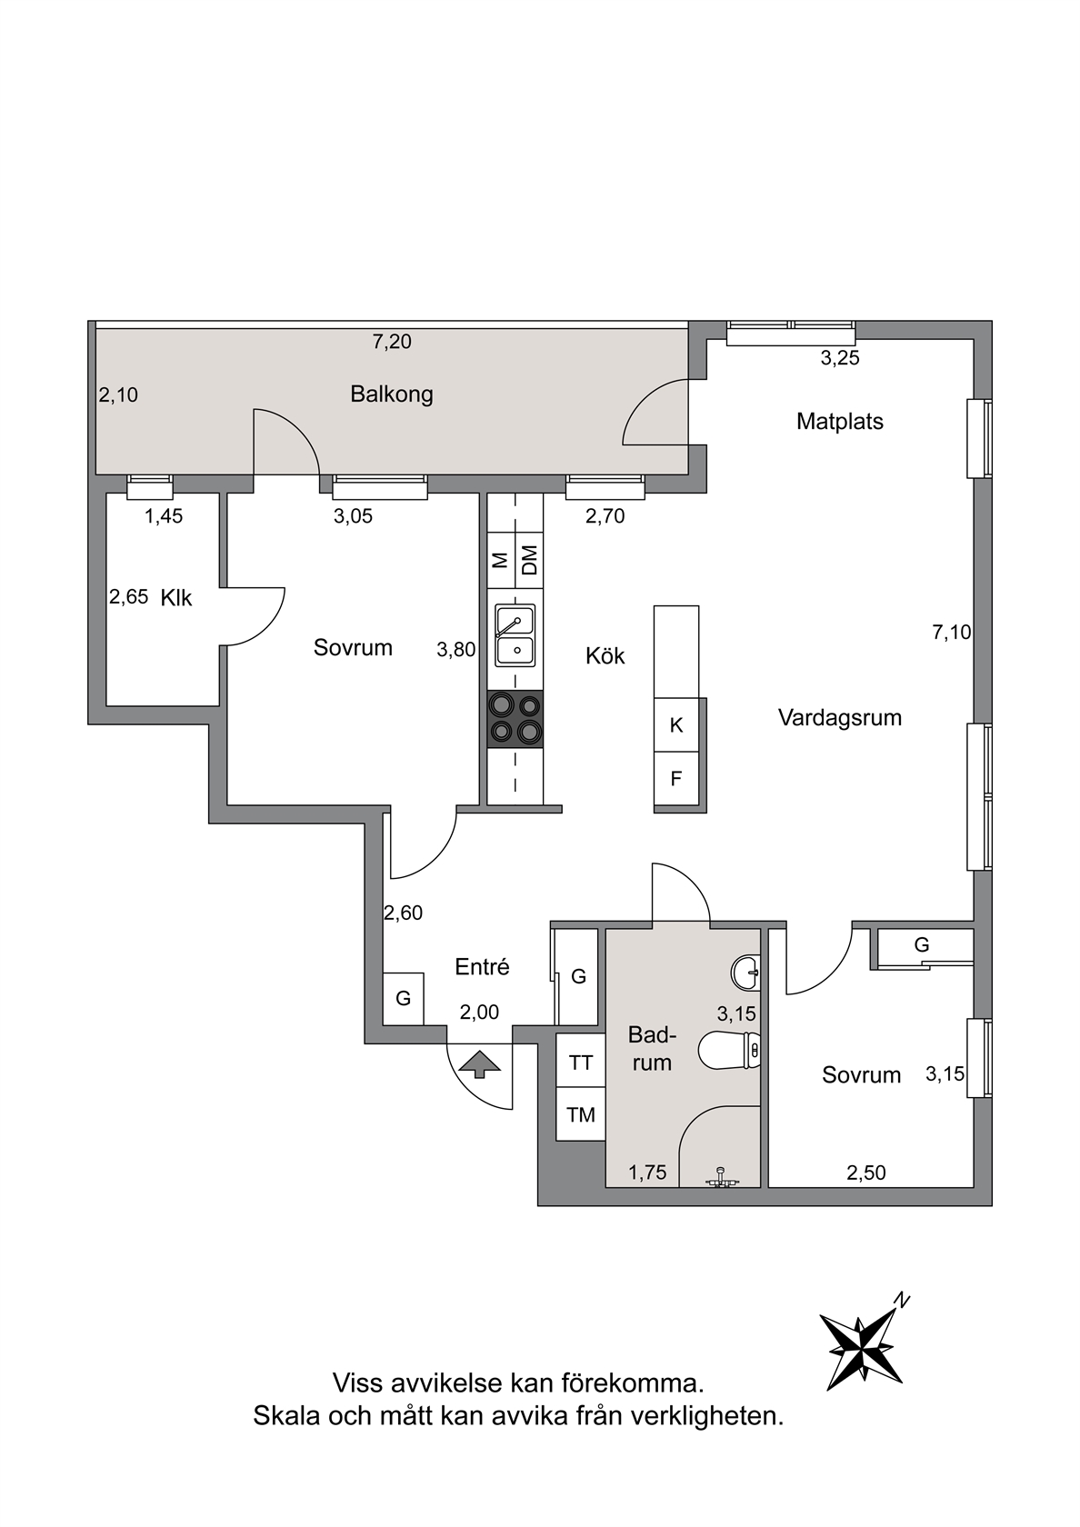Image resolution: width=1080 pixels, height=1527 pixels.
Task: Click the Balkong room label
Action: click(x=391, y=394)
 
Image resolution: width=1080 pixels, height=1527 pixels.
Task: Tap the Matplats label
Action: click(x=839, y=422)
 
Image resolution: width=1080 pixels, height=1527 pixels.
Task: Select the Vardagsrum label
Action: click(x=839, y=718)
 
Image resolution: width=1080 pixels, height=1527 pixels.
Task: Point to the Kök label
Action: click(x=605, y=656)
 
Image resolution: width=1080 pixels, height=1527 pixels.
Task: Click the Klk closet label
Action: click(x=176, y=598)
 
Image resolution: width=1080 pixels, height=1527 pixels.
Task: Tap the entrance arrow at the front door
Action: click(x=479, y=1063)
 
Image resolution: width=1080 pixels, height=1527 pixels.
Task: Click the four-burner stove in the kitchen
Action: click(x=515, y=719)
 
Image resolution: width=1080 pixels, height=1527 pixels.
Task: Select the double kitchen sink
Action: click(x=515, y=635)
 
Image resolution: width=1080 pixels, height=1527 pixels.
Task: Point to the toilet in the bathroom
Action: click(x=729, y=1051)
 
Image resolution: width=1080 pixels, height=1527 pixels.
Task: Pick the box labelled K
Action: click(x=676, y=724)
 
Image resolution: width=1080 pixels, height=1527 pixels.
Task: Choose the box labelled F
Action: click(x=676, y=778)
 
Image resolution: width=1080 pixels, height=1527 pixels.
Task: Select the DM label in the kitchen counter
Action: click(x=529, y=560)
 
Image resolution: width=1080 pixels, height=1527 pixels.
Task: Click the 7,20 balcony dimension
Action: click(x=392, y=342)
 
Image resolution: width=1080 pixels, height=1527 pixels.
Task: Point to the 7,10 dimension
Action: click(x=952, y=633)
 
